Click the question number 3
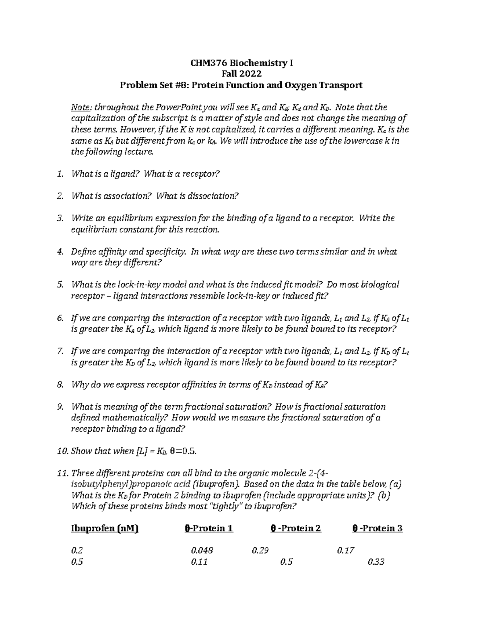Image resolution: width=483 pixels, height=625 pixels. (x=60, y=219)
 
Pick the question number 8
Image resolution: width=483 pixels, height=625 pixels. (x=60, y=385)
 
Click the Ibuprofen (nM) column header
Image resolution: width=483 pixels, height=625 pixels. (x=104, y=529)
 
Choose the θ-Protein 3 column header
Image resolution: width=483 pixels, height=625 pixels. (x=378, y=529)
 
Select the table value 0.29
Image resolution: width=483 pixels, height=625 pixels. (x=260, y=551)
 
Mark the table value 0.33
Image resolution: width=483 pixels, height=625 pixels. (x=376, y=562)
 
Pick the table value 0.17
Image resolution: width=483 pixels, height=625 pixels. (x=346, y=551)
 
